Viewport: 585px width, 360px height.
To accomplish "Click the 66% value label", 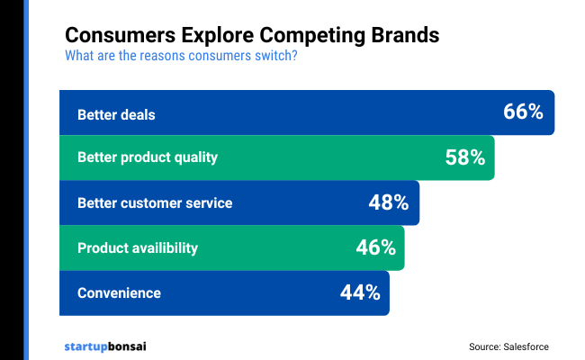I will tap(523, 112).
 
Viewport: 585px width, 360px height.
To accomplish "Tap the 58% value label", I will tap(465, 157).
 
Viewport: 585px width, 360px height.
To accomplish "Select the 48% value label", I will tap(389, 202).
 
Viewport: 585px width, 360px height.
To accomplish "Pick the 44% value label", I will tap(359, 292).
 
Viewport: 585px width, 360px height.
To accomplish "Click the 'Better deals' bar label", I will tap(116, 114).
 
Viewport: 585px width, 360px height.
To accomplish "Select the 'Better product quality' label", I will tap(148, 157).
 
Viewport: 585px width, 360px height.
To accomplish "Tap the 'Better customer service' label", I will tap(155, 202).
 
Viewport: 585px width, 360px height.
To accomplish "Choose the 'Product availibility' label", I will tap(138, 247).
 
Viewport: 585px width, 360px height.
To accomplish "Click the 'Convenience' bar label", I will tap(119, 292).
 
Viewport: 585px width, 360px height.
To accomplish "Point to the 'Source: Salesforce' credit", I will tap(508, 346).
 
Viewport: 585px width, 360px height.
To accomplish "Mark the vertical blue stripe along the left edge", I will tap(26, 180).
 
